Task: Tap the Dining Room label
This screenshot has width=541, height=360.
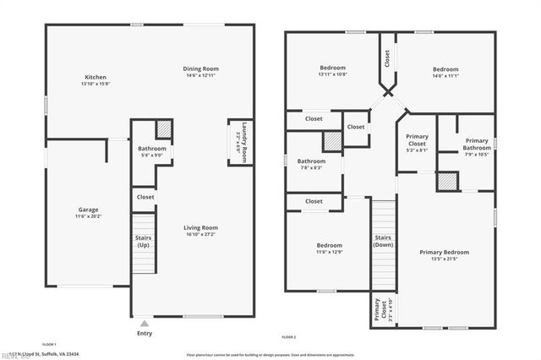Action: click(201, 68)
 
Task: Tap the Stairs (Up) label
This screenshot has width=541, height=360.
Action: click(144, 241)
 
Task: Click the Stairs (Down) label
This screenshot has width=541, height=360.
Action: click(383, 241)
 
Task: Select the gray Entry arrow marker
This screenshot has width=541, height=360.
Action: click(145, 322)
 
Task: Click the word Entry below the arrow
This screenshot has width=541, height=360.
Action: click(145, 333)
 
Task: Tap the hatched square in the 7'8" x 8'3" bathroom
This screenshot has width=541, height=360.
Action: click(331, 141)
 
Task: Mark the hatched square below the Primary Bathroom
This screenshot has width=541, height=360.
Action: click(446, 182)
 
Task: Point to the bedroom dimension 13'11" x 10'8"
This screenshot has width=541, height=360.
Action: click(332, 74)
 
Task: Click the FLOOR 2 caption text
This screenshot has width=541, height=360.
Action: click(289, 337)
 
